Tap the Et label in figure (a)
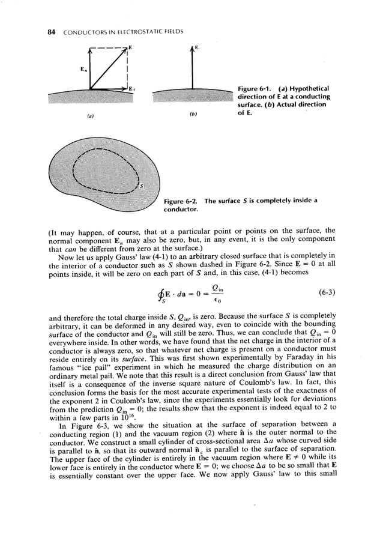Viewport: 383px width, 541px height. tap(131, 89)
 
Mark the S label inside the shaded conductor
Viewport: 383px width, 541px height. tap(142, 185)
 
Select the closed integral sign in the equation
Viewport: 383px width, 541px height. tap(160, 293)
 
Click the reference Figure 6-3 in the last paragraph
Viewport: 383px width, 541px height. tap(81, 426)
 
